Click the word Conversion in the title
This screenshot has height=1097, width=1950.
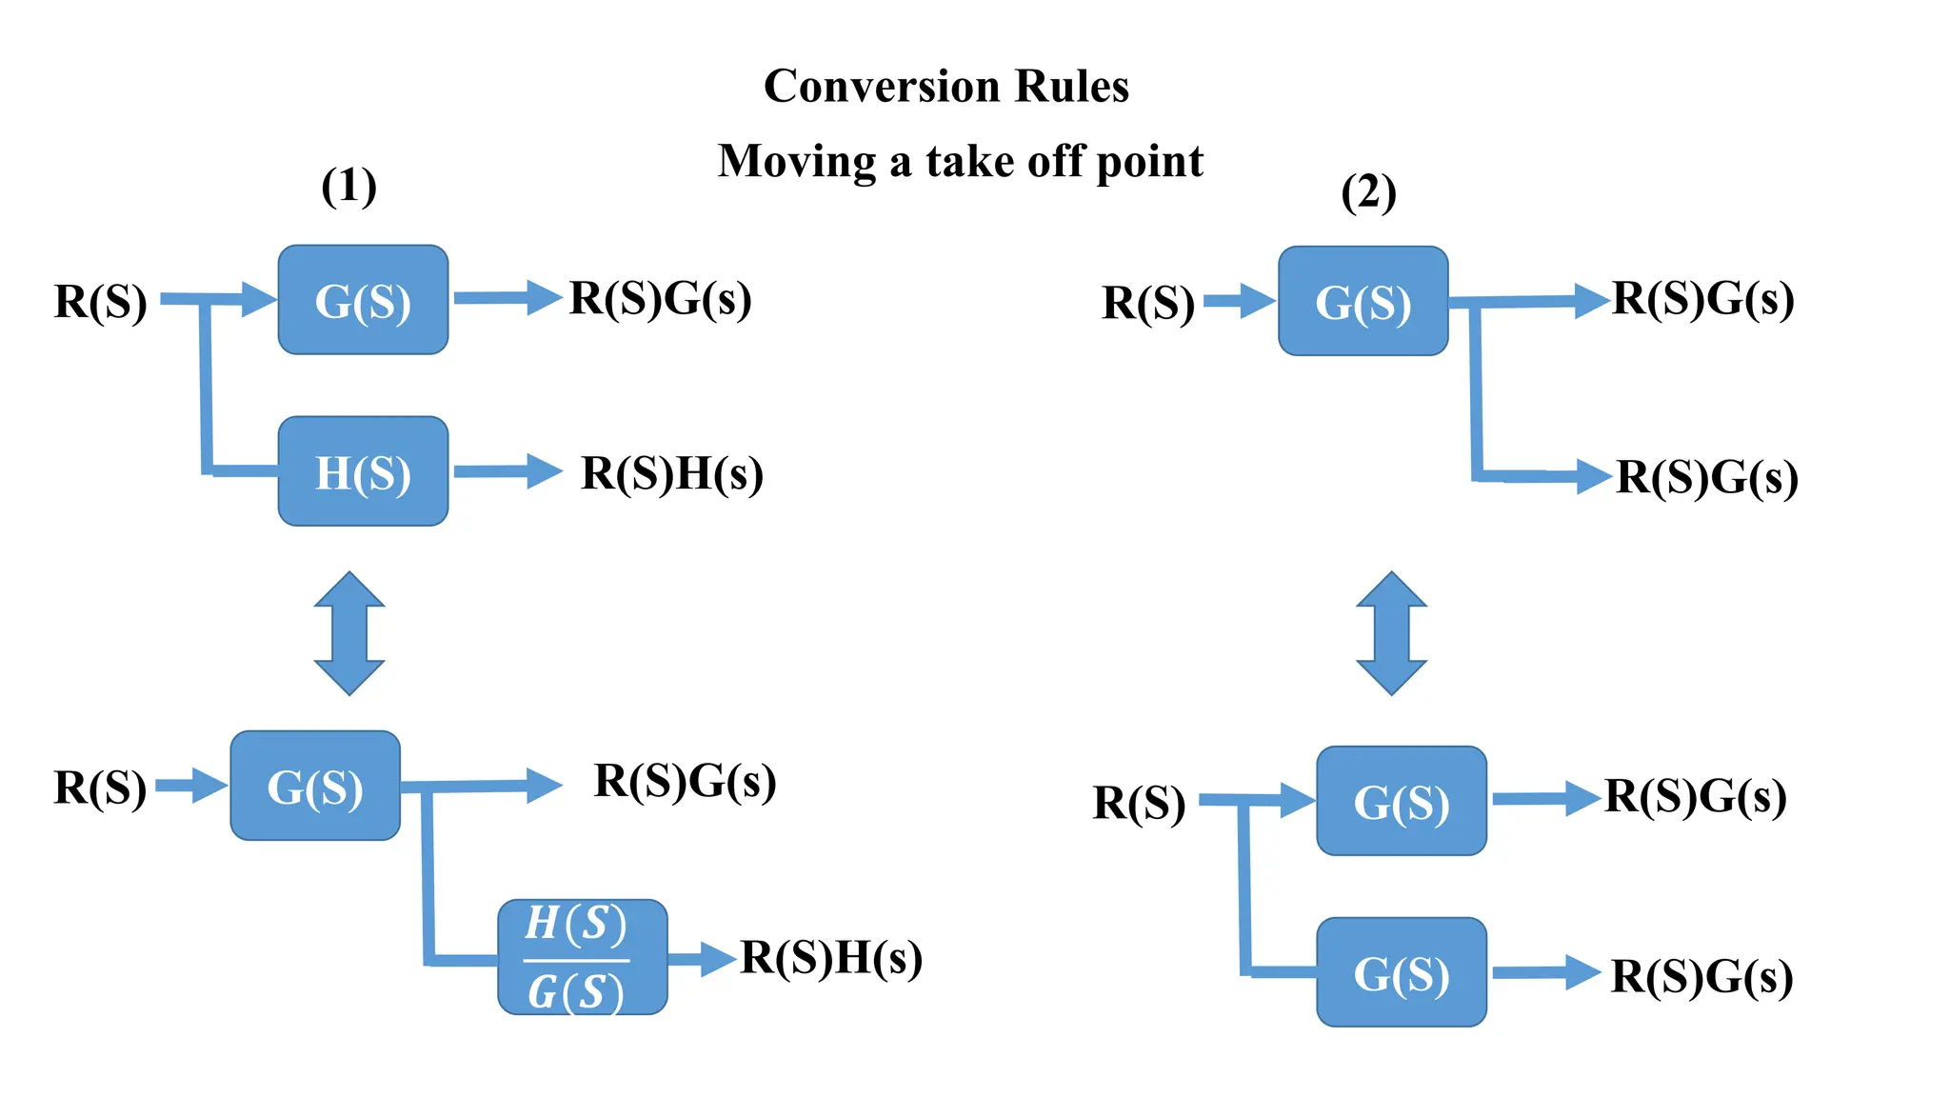point(881,87)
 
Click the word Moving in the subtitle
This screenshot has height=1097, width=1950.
point(796,161)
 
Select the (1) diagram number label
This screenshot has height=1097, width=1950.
point(348,186)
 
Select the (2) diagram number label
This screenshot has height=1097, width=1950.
point(1368,193)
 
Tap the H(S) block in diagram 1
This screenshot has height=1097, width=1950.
point(363,472)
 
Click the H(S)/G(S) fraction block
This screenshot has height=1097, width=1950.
point(582,957)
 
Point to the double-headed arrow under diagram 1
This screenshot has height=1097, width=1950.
point(349,633)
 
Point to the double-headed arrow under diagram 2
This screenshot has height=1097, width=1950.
point(1391,633)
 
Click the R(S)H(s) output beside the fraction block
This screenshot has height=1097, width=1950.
point(831,958)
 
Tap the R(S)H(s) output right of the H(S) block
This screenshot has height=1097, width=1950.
point(672,474)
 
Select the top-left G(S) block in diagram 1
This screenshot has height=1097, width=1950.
point(363,301)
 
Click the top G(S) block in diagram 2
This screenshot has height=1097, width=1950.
point(1363,302)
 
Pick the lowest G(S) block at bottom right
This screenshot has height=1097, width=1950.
point(1401,973)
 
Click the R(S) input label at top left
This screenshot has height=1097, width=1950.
point(100,302)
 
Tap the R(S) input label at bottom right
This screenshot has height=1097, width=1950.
point(1139,803)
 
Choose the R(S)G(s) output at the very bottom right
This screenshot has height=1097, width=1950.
point(1701,977)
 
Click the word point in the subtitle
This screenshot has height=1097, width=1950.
point(1150,161)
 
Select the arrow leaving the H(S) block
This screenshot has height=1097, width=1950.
point(507,471)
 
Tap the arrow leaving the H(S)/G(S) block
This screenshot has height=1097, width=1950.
point(703,959)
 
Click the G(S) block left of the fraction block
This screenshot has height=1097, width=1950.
point(315,787)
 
